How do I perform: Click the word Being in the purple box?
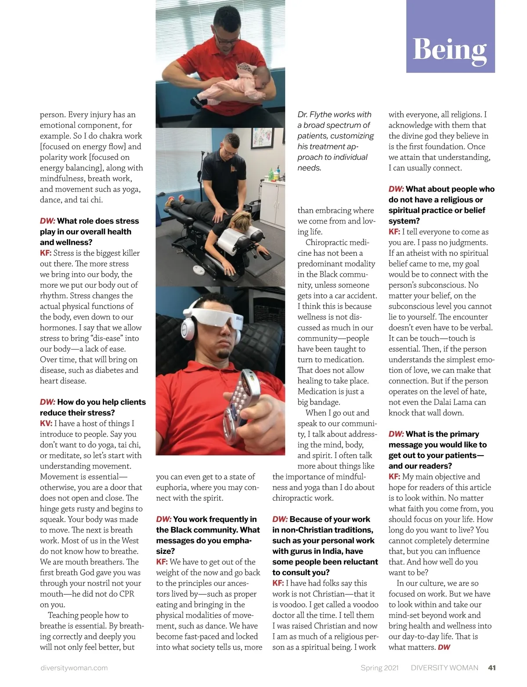coord(450,49)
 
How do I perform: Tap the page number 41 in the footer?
coord(492,668)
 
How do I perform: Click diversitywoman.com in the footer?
coord(74,668)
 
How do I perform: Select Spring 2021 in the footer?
coord(379,668)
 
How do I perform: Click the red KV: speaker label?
coord(46,423)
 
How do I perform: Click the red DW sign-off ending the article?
coord(444,647)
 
